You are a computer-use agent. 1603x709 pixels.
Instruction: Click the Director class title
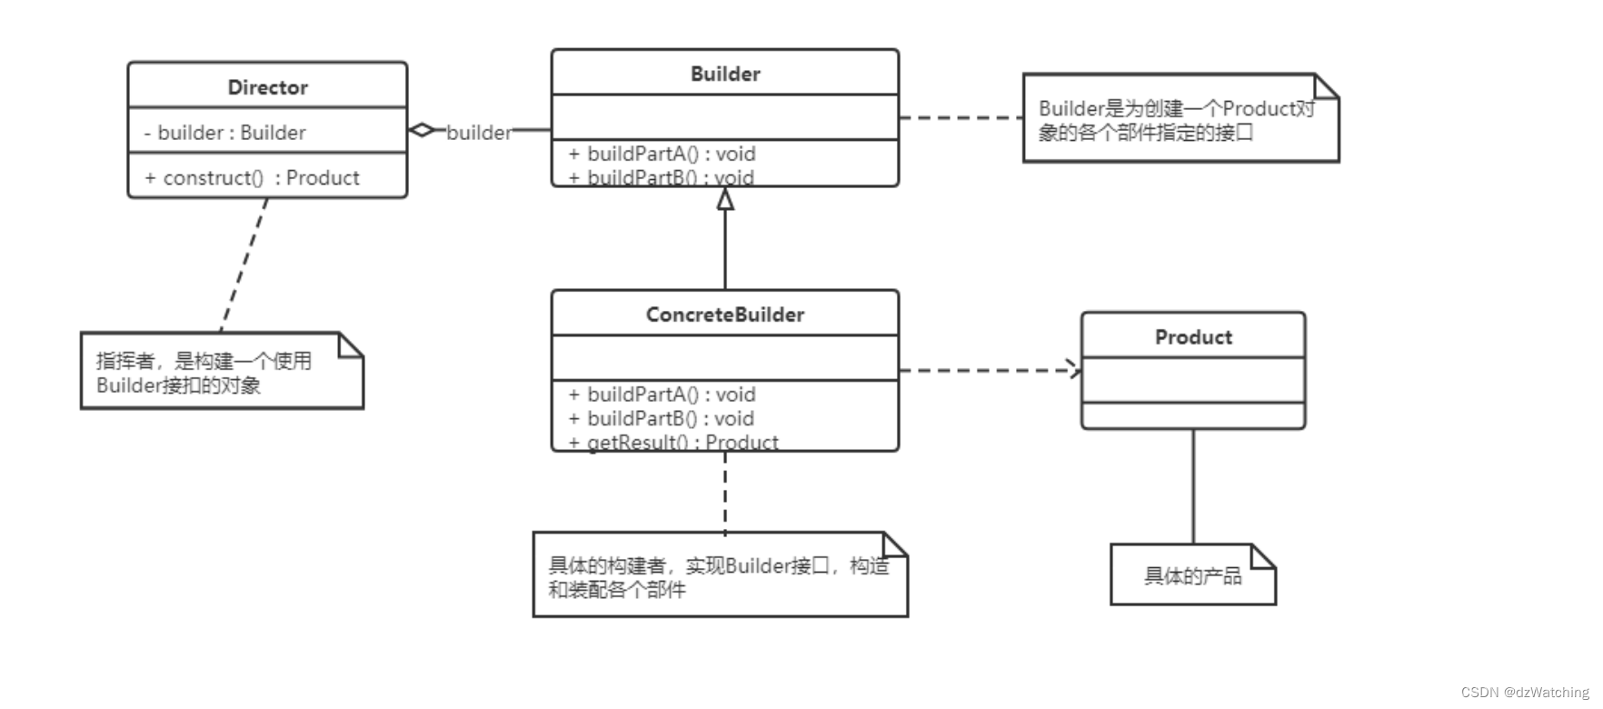click(x=267, y=87)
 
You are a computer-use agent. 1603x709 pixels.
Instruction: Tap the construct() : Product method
click(x=252, y=178)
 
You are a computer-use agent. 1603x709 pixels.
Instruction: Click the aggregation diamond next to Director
click(x=422, y=130)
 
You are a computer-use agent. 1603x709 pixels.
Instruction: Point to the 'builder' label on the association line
click(x=479, y=133)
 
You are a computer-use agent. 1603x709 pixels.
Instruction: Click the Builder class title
click(x=724, y=74)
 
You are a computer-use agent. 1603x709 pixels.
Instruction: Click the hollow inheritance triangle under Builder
click(x=724, y=199)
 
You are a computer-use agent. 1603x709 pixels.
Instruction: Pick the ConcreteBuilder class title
click(x=724, y=315)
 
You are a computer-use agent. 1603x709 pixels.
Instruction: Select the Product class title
click(x=1192, y=336)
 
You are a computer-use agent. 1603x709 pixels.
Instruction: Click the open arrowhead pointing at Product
click(x=1075, y=370)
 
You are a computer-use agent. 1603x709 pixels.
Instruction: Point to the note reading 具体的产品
click(x=1191, y=575)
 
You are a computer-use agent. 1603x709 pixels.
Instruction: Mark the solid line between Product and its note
click(x=1192, y=486)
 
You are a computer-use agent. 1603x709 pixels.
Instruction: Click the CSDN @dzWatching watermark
click(x=1524, y=693)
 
